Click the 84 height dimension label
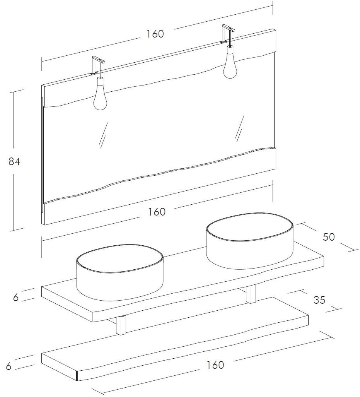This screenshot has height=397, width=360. pyautogui.click(x=14, y=162)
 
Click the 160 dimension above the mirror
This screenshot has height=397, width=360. pyautogui.click(x=155, y=34)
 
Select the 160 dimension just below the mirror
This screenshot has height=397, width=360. pyautogui.click(x=156, y=212)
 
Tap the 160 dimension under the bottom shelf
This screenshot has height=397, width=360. pyautogui.click(x=215, y=365)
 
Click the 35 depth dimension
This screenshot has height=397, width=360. pyautogui.click(x=319, y=300)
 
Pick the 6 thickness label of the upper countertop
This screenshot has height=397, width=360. pyautogui.click(x=16, y=298)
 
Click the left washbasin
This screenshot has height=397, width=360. pyautogui.click(x=119, y=273)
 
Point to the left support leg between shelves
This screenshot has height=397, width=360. pyautogui.click(x=121, y=324)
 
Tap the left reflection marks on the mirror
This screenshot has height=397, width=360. pyautogui.click(x=103, y=135)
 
